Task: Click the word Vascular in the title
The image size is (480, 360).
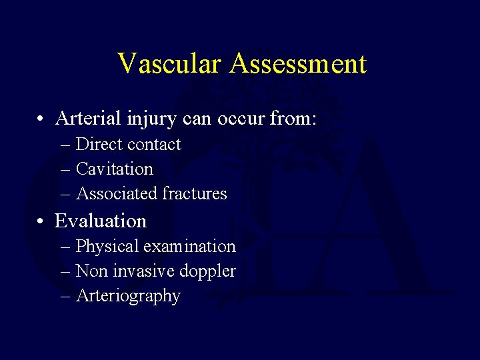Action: [x=170, y=64]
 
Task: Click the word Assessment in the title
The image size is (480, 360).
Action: [x=298, y=64]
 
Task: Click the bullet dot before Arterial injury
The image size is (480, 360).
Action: [x=41, y=120]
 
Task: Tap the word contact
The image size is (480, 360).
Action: [x=154, y=145]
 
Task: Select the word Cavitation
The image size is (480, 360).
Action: [x=115, y=169]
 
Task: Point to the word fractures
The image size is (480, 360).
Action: [x=195, y=194]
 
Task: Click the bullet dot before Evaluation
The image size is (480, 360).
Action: [x=41, y=221]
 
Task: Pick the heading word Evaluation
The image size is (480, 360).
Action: [x=101, y=221]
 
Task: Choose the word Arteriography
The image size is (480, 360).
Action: [x=128, y=296]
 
